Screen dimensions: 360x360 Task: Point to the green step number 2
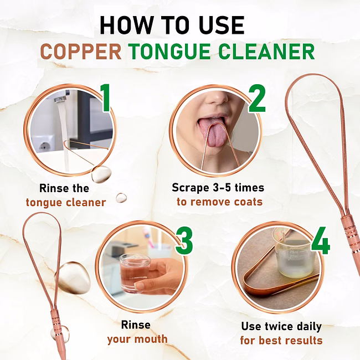[257, 98]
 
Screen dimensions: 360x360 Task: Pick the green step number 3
[184, 240]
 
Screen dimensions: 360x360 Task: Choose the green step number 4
[321, 240]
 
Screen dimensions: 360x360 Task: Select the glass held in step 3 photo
[135, 273]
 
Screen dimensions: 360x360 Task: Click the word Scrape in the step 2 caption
[191, 188]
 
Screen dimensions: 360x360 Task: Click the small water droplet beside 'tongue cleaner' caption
[121, 198]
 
